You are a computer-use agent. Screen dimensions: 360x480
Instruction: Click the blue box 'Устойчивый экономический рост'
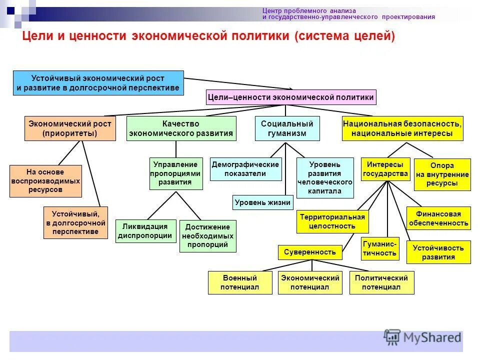click(x=98, y=83)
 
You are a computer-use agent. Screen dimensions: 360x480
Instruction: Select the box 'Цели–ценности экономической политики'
click(x=290, y=97)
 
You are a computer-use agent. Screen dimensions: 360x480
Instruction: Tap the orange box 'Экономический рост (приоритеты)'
click(x=70, y=128)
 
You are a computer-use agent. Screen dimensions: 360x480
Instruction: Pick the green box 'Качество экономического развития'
click(x=181, y=128)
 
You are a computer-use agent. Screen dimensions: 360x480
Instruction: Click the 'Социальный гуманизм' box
click(x=287, y=128)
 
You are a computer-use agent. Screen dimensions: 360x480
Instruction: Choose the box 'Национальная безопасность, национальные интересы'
click(x=402, y=128)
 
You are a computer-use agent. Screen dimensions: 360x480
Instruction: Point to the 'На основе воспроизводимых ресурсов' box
click(x=45, y=181)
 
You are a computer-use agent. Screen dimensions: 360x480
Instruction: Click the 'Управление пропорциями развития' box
click(x=176, y=173)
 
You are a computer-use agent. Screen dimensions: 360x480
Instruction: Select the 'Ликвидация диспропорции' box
click(x=145, y=231)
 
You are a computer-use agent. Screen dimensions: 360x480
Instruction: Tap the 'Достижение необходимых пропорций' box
click(x=207, y=236)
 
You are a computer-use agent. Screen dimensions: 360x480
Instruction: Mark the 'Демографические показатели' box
click(x=245, y=169)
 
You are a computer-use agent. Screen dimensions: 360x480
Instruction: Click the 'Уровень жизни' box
click(x=262, y=202)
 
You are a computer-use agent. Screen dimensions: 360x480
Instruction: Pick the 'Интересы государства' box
click(x=385, y=169)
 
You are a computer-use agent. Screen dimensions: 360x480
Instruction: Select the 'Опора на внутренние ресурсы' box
click(x=442, y=174)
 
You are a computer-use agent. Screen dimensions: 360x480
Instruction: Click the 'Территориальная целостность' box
click(x=332, y=221)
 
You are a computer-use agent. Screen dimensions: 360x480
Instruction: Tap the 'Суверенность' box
click(x=310, y=252)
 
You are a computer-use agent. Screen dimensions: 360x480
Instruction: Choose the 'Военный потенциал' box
click(x=240, y=282)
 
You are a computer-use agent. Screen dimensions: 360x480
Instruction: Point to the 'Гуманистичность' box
click(x=380, y=248)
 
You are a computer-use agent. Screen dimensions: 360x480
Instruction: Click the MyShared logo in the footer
click(x=423, y=337)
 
